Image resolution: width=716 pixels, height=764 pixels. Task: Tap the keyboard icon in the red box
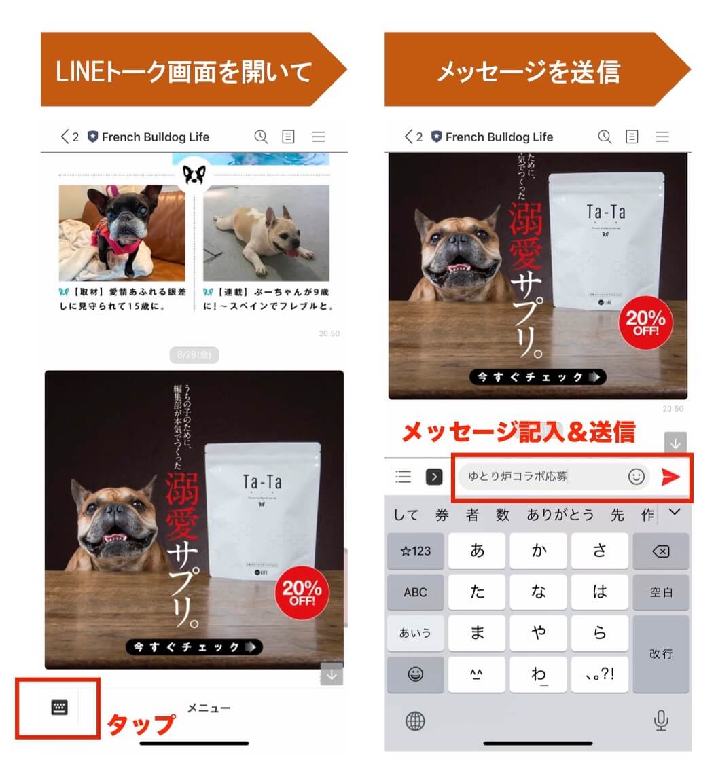click(60, 708)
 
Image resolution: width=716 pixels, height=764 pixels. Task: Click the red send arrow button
click(670, 477)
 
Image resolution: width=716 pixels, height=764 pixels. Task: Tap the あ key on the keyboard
click(478, 551)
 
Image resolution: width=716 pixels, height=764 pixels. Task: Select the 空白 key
click(660, 592)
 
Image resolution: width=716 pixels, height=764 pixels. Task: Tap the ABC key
click(415, 592)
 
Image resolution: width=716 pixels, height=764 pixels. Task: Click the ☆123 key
click(415, 551)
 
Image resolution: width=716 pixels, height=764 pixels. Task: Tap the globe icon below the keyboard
click(415, 721)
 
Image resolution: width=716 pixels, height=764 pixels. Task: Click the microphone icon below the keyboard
click(660, 721)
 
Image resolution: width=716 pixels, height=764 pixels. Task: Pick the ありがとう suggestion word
click(560, 515)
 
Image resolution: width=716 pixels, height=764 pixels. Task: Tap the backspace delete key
click(660, 551)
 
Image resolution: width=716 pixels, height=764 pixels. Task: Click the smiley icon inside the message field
click(636, 477)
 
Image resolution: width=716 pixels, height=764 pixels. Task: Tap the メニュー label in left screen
click(209, 708)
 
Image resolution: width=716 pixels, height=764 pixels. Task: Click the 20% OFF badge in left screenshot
click(302, 593)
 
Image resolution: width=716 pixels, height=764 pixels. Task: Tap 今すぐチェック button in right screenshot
click(537, 378)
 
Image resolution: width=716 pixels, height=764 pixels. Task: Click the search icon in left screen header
click(261, 137)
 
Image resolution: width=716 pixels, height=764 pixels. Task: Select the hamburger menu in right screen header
click(662, 137)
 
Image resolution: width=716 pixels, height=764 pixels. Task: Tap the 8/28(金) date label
click(194, 354)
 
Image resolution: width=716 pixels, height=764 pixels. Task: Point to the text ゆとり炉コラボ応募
click(518, 477)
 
